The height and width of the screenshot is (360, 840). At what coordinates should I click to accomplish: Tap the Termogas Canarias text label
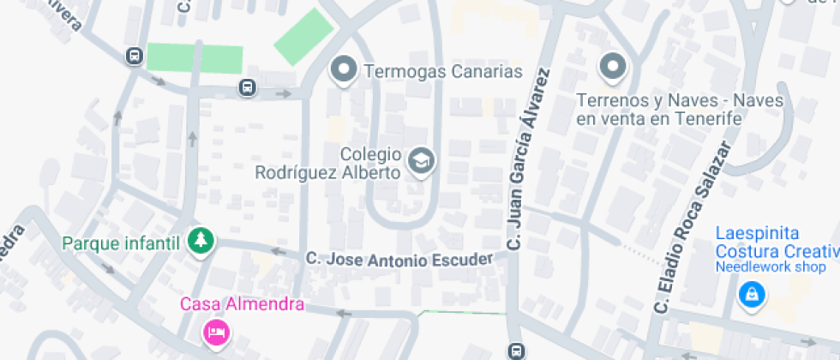443,71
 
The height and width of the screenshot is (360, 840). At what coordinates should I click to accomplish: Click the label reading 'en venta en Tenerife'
658,118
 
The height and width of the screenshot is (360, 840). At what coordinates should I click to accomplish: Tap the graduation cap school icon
421,160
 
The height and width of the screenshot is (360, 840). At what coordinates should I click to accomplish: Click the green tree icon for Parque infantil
201,242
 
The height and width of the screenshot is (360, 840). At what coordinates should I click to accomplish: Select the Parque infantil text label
121,243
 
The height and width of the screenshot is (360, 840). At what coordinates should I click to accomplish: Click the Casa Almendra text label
242,303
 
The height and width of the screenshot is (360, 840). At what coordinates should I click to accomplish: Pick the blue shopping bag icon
752,296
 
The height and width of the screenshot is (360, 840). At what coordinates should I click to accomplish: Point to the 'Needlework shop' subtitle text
770,266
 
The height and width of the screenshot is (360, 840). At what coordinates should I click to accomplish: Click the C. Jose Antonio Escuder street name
399,258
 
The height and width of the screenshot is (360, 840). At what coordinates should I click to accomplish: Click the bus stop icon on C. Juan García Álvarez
517,351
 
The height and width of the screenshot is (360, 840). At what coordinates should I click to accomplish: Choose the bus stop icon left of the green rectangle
134,57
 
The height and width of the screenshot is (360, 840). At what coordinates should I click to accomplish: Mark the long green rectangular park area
195,57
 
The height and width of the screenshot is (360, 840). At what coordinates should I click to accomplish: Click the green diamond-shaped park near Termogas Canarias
303,37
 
